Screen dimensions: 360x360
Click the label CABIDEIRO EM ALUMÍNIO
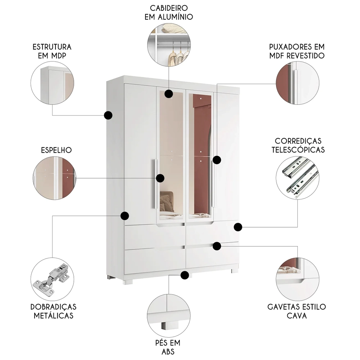click(x=168, y=12)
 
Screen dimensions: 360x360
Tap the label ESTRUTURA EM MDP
click(x=52, y=51)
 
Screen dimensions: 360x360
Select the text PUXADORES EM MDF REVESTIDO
click(x=297, y=51)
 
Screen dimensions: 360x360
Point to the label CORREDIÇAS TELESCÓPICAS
click(x=298, y=145)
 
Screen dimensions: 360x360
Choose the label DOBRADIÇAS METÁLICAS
click(x=54, y=311)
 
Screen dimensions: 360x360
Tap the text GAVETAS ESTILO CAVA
click(x=297, y=311)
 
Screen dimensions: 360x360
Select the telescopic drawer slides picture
click(x=297, y=178)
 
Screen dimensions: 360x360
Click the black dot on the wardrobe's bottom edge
click(x=185, y=275)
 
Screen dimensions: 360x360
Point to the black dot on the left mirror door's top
click(x=168, y=94)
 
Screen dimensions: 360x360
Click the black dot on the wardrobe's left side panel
click(x=108, y=115)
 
